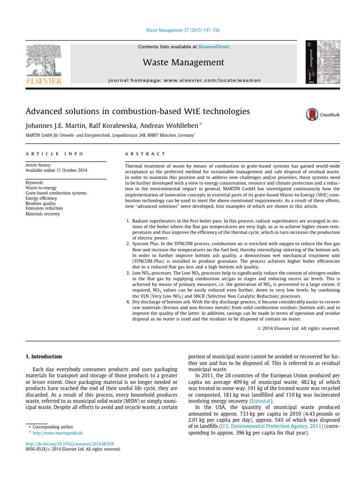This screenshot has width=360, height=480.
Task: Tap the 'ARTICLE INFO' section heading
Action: (x=54, y=154)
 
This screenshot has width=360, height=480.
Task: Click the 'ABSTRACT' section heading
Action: (x=145, y=154)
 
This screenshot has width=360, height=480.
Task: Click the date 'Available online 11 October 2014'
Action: (x=56, y=171)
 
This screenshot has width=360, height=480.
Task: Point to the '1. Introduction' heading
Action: (x=44, y=357)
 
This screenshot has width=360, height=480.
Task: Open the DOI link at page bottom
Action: (x=70, y=443)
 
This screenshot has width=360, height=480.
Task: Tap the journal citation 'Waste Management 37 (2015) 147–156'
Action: (x=180, y=30)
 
